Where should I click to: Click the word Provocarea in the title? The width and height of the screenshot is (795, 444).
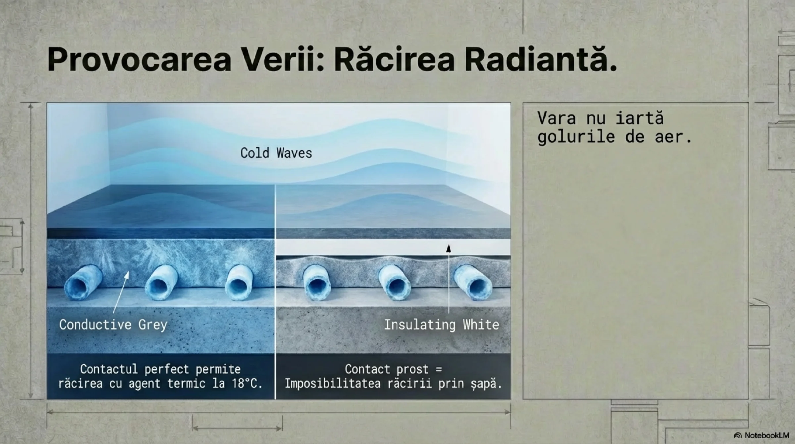tap(139, 60)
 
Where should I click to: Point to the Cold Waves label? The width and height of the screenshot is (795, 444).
tap(276, 153)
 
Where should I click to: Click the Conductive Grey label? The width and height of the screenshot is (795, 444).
tap(113, 325)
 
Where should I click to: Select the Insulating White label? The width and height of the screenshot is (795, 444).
tap(441, 325)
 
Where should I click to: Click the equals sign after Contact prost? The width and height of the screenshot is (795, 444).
tap(439, 369)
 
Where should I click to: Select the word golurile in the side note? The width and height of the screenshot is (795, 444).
tap(576, 137)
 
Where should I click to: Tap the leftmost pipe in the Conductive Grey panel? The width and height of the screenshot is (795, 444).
tap(83, 282)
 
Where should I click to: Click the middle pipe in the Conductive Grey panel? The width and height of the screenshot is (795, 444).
tap(162, 282)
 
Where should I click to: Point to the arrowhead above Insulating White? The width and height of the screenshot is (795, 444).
tap(449, 248)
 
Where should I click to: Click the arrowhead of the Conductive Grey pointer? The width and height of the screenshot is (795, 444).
tap(127, 274)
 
